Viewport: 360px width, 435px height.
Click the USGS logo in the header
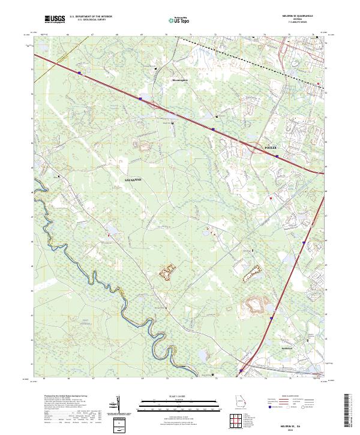(x=55, y=19)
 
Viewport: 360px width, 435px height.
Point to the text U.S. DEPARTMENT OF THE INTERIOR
(x=91, y=17)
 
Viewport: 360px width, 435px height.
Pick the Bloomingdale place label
(x=180, y=80)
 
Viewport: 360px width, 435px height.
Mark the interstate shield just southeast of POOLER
(x=277, y=156)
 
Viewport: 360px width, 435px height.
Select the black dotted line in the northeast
(x=258, y=58)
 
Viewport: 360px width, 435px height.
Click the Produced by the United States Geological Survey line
(x=67, y=397)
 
